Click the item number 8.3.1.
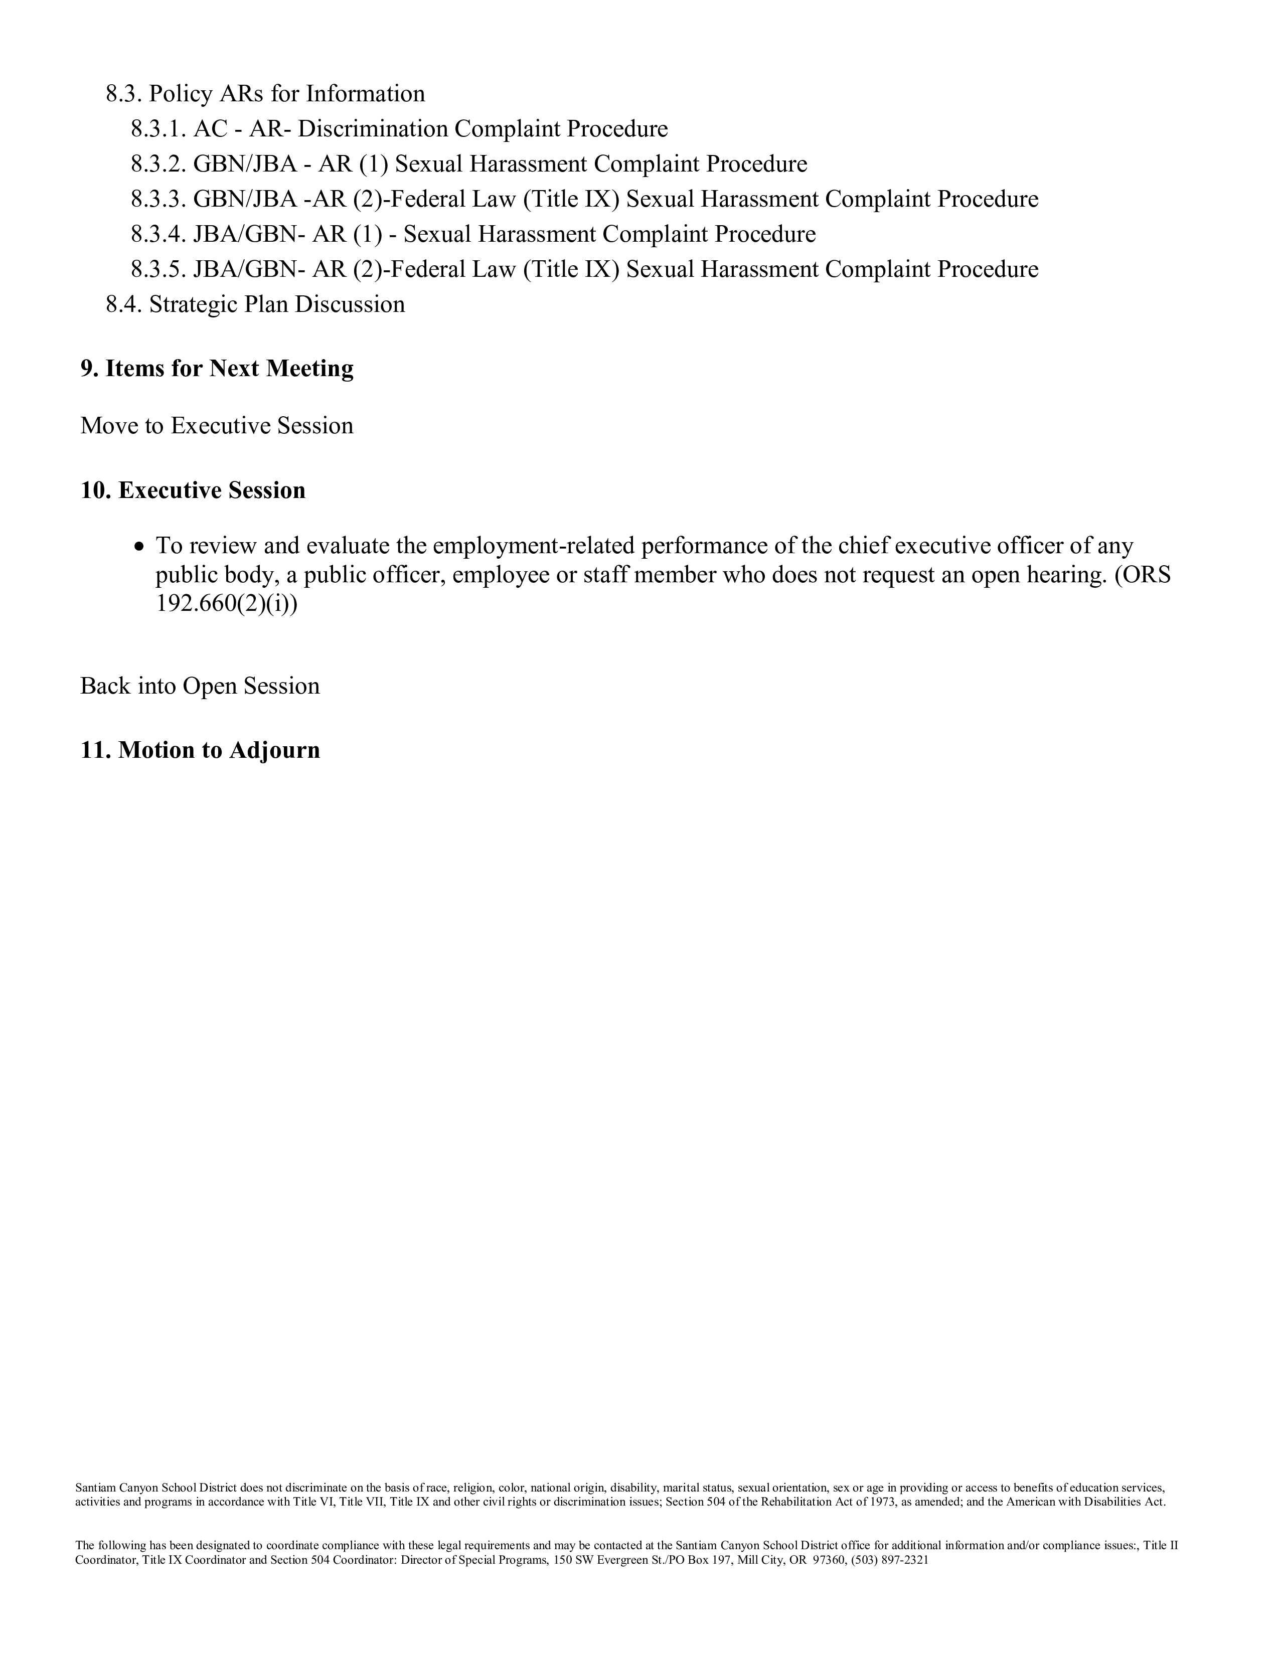157,129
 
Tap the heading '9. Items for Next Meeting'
218,368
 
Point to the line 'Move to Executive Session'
217,426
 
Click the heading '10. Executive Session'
193,490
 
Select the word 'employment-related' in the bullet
533,546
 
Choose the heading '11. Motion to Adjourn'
200,750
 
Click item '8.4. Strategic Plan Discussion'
255,304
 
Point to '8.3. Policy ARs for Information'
265,94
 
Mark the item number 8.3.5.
157,270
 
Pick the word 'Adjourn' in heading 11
274,750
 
